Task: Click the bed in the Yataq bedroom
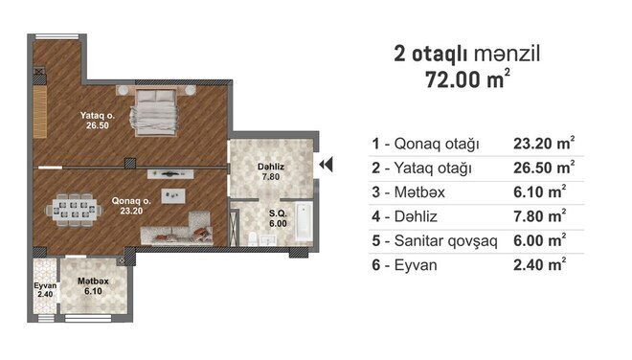(x=153, y=112)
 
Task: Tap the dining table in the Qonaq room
(x=74, y=210)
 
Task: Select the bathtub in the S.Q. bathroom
(x=304, y=221)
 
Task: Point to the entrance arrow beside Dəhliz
(x=326, y=165)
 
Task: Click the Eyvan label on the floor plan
(x=45, y=285)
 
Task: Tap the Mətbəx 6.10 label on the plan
(x=93, y=286)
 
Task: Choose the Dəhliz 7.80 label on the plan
(x=271, y=171)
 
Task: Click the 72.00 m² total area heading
(x=467, y=79)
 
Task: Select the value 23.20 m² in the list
(x=544, y=143)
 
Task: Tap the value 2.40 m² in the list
(x=540, y=264)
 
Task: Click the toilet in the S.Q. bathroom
(x=253, y=239)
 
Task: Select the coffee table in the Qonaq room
(x=173, y=196)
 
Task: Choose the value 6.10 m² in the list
(x=540, y=191)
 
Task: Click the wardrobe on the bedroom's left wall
(x=40, y=112)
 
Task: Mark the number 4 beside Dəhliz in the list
(x=375, y=216)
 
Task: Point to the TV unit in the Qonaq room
(x=170, y=174)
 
